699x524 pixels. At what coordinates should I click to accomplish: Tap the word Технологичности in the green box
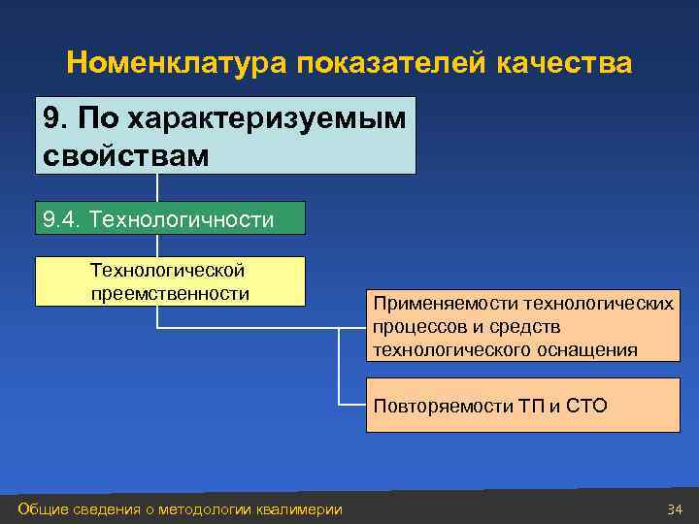coord(182,219)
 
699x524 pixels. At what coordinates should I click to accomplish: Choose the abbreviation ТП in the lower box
coord(529,406)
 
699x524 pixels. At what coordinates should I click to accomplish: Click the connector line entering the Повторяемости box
coord(352,404)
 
